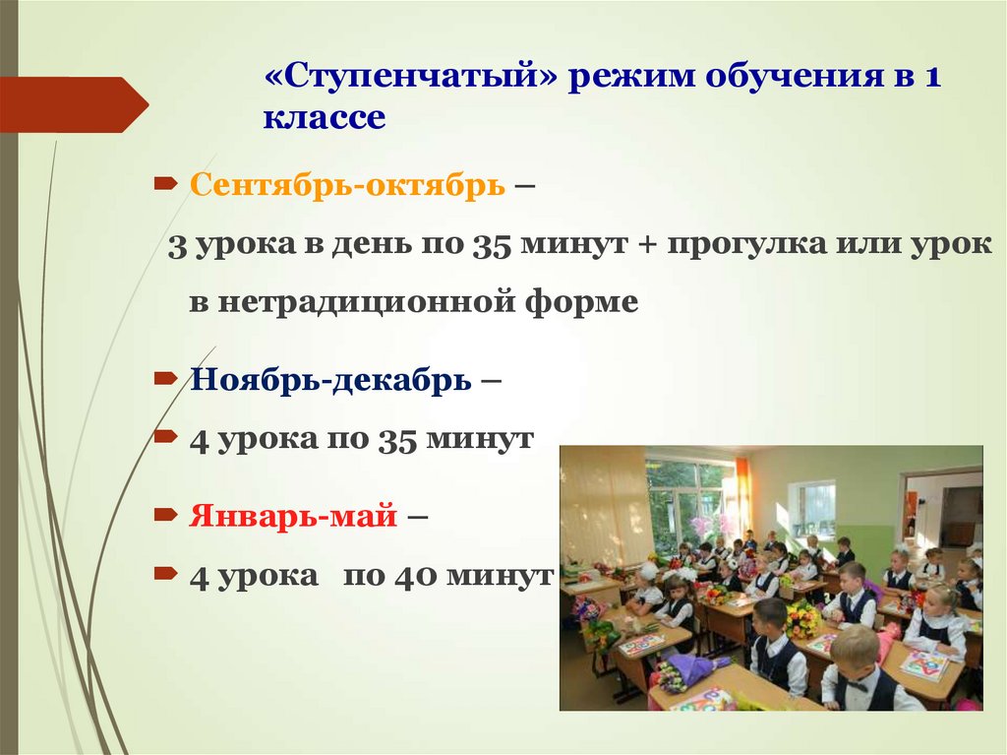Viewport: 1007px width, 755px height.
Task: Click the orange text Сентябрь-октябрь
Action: click(x=347, y=184)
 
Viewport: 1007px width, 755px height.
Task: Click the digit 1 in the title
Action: click(x=930, y=78)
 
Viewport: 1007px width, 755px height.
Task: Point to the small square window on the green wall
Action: click(x=815, y=507)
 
